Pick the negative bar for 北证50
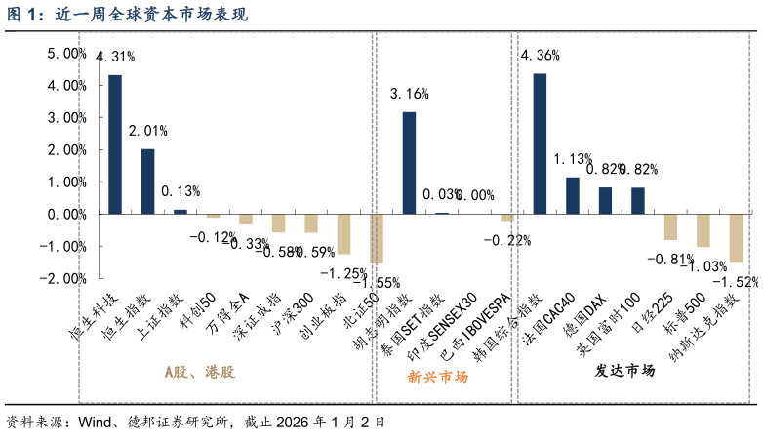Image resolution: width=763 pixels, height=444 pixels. (x=376, y=238)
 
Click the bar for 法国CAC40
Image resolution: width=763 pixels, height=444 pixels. (x=573, y=195)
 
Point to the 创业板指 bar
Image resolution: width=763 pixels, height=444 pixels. (x=343, y=233)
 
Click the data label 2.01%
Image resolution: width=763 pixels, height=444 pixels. (x=148, y=130)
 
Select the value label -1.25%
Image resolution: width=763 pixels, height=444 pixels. (x=343, y=272)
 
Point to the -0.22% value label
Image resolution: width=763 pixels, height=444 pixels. (x=506, y=240)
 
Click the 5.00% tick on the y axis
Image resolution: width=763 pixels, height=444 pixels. (x=67, y=54)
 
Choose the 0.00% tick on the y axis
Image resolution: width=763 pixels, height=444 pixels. (x=67, y=214)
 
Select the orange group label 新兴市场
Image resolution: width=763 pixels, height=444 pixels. (x=438, y=376)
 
